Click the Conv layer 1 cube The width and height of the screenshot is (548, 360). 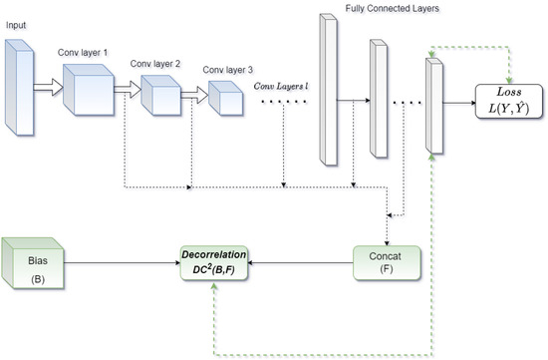[90, 90]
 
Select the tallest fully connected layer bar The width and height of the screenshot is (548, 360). [330, 90]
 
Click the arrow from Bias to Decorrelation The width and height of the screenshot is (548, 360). [120, 262]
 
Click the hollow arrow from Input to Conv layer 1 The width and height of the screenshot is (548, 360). [48, 87]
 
